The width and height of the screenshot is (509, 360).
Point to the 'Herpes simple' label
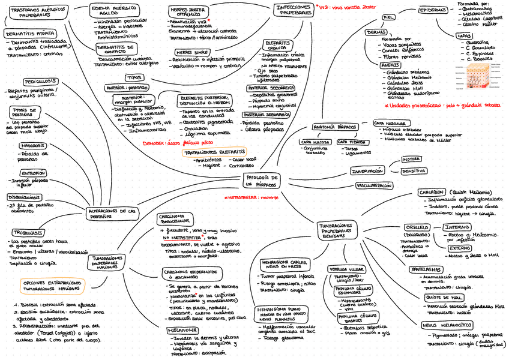(188, 52)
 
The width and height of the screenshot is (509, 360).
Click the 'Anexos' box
(390, 65)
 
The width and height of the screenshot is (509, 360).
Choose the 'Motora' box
(412, 160)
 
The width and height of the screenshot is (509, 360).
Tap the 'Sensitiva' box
(414, 171)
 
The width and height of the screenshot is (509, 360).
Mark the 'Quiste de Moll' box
(444, 297)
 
